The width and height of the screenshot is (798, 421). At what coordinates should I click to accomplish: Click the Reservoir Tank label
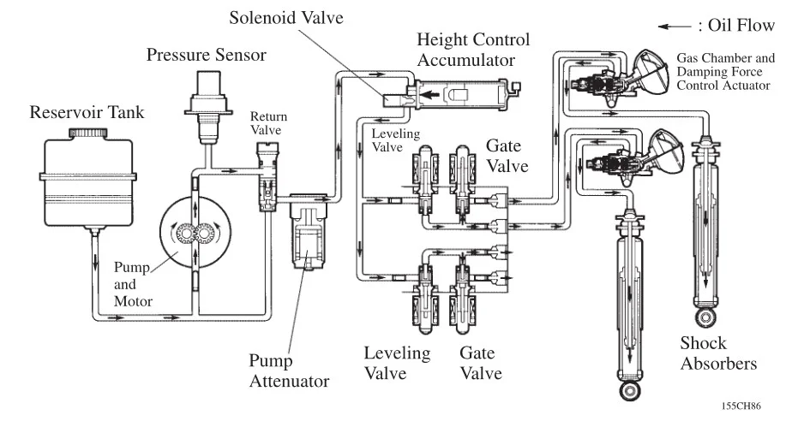point(82,113)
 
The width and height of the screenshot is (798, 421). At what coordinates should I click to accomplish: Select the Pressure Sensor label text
point(206,56)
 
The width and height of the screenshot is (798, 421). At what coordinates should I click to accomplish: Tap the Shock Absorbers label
point(718,353)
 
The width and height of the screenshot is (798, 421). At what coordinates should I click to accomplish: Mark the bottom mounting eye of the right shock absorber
point(705,320)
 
